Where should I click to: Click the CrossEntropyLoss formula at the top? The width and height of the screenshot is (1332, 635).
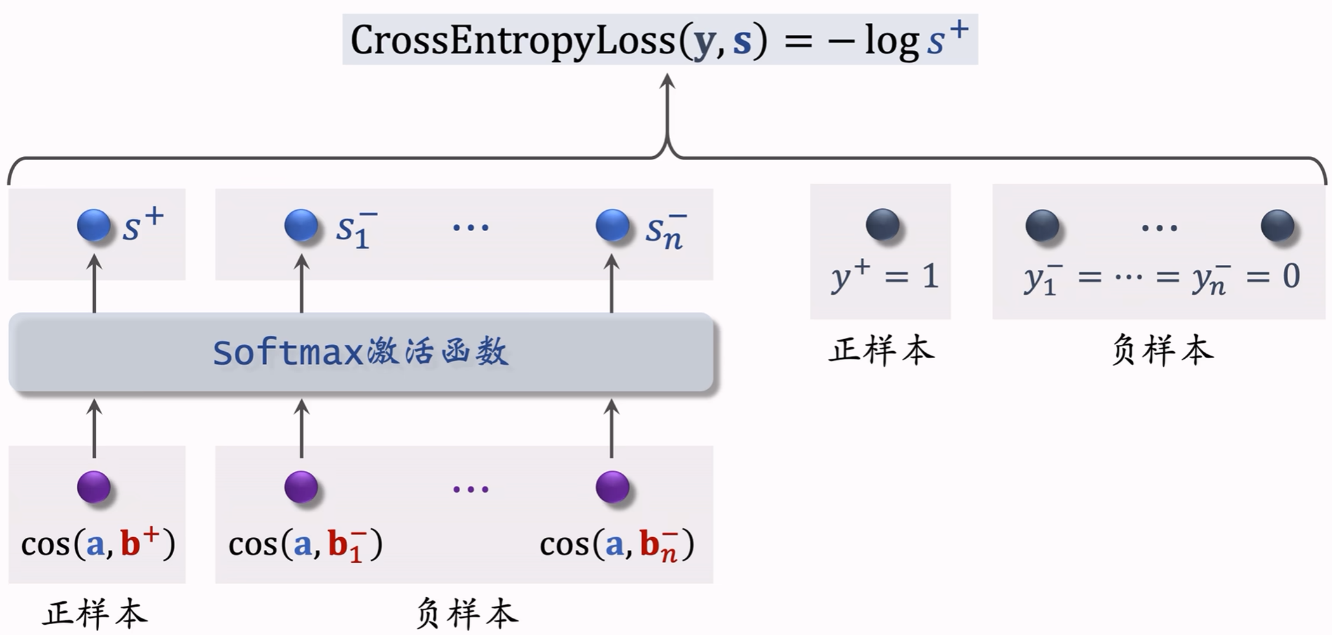point(660,39)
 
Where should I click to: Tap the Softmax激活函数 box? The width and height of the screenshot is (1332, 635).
point(360,352)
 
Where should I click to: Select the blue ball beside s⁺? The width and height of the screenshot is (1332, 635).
point(94,225)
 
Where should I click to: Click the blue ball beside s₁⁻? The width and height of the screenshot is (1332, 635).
point(301,225)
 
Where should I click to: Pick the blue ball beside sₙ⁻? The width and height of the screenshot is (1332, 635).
point(612,225)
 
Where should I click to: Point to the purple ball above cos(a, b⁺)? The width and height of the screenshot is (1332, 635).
point(94,487)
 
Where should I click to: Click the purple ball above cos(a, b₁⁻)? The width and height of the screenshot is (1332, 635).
point(301,487)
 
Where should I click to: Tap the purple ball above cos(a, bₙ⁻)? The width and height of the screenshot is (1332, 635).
point(612,487)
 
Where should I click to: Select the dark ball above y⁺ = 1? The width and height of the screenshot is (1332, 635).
point(883,225)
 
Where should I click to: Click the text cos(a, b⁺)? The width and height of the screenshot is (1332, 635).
point(98,544)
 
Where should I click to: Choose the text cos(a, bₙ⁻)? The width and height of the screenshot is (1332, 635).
point(617,545)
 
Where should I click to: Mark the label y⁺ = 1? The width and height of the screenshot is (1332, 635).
point(885,277)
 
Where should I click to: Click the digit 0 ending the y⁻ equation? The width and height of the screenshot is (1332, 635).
point(1291,276)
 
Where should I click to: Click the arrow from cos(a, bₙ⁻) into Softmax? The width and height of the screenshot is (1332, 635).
point(612,428)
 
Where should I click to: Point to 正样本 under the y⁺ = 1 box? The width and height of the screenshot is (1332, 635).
point(881,350)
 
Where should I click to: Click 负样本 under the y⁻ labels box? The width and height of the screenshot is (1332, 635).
point(1163,350)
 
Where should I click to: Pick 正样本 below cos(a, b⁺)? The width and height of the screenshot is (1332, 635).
point(95,614)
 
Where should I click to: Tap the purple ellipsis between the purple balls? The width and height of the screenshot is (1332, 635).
point(471,489)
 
